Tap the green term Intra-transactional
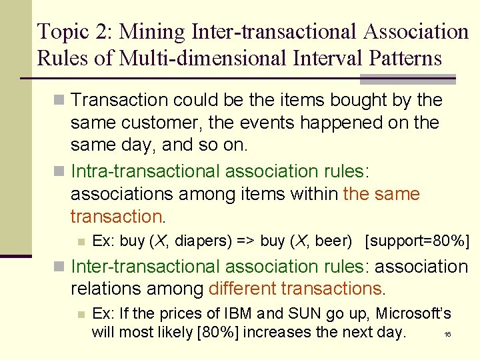click(145, 171)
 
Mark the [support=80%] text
click(417, 241)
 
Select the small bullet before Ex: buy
click(81, 241)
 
